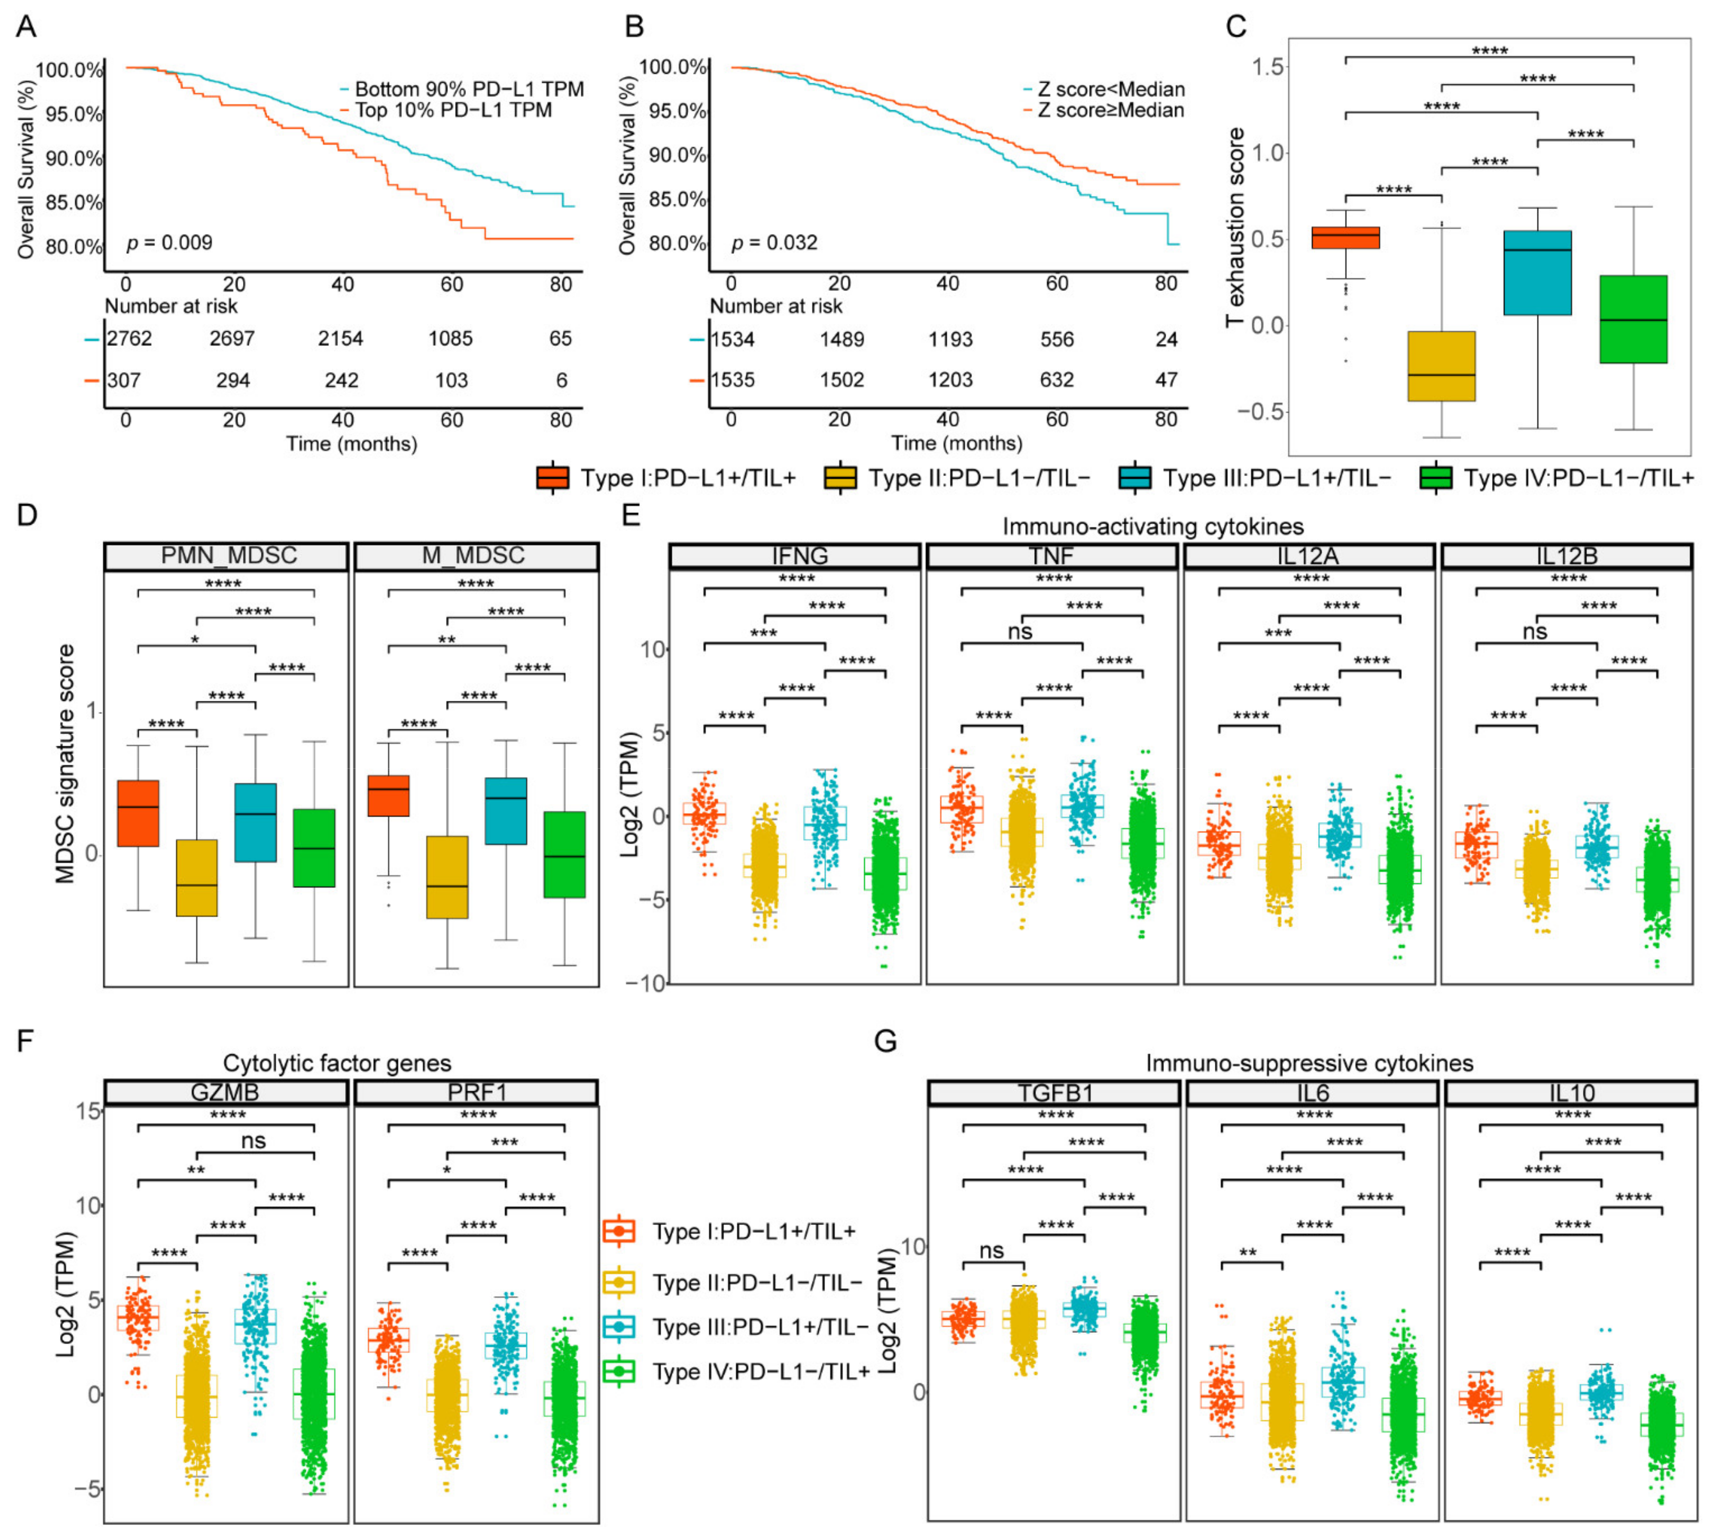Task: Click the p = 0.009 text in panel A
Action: point(169,244)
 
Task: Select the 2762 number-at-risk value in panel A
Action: point(129,339)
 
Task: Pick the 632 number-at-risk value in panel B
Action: point(1056,381)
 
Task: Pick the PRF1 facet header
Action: point(476,1093)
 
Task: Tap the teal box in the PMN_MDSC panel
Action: point(255,822)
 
